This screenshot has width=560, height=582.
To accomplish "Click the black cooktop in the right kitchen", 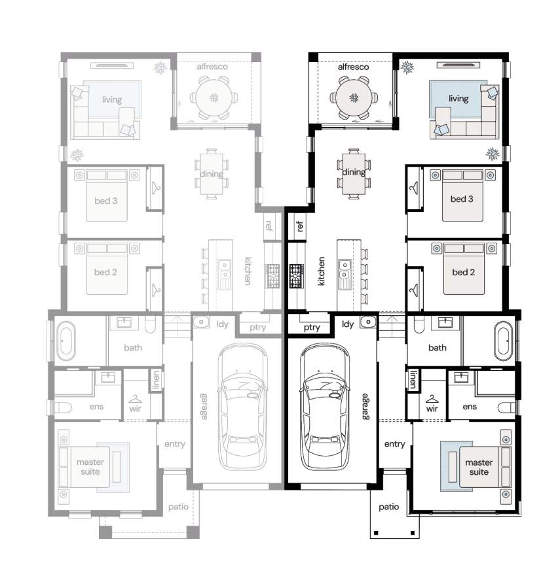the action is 297,276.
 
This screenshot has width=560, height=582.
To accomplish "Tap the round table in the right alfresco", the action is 354,98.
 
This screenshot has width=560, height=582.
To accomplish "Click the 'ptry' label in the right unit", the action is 312,328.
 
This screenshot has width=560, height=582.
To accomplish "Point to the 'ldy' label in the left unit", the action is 223,324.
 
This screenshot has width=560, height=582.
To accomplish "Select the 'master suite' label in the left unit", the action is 90,467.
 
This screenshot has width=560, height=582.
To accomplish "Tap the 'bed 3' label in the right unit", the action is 462,199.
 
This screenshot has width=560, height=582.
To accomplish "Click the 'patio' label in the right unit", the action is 388,507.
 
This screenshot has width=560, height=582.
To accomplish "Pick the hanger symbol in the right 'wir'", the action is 432,400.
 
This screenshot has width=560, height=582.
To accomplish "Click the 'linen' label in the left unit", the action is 156,379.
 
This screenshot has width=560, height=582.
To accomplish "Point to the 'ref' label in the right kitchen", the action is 300,226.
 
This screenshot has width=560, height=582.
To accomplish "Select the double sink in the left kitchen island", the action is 224,270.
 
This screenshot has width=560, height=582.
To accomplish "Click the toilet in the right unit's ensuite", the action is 506,407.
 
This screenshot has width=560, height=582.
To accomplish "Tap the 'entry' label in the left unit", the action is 175,444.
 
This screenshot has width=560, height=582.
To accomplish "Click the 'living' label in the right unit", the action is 458,98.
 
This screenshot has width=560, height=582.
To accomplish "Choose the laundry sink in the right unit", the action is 367,322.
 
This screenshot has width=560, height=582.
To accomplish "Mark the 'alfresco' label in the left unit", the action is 212,67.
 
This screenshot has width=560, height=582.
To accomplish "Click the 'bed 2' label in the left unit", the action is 105,272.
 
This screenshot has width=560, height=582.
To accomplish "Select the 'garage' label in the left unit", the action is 204,407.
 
